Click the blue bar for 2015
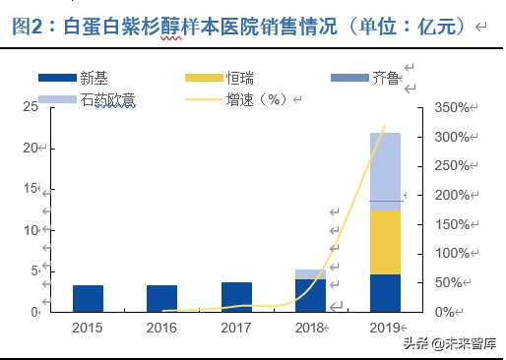pos(88,298)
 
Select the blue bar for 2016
pos(161,298)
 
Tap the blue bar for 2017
pos(236,296)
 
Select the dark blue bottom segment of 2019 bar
pos(385,292)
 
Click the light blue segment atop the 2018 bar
pos(310,273)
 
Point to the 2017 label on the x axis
pos(236,326)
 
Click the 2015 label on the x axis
pos(88,326)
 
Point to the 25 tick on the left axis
pos(31,106)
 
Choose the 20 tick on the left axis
pos(31,148)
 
